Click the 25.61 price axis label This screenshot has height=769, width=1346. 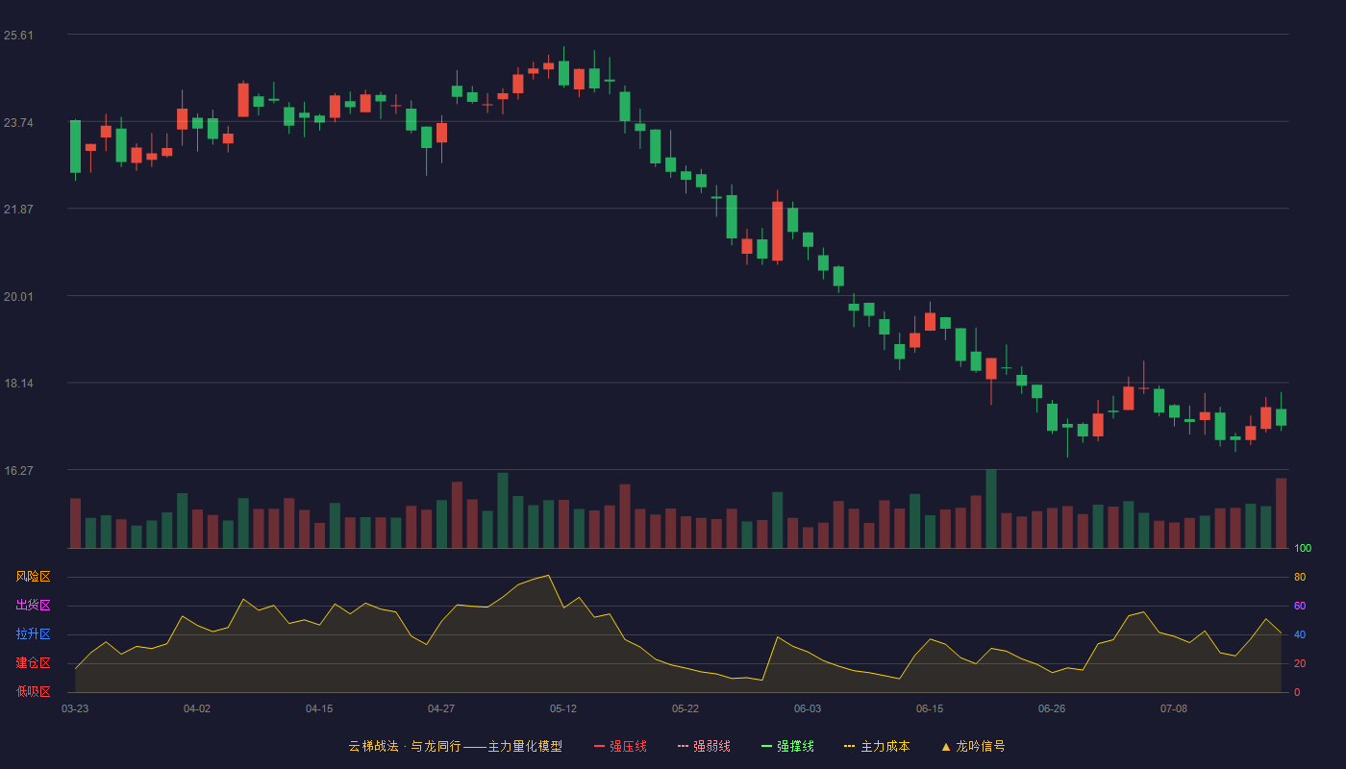pyautogui.click(x=18, y=36)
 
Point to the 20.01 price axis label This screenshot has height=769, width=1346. pyautogui.click(x=18, y=297)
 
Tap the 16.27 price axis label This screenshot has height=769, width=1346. pyautogui.click(x=18, y=470)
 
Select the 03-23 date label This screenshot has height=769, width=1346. pyautogui.click(x=75, y=709)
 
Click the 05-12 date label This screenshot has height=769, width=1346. pyautogui.click(x=563, y=709)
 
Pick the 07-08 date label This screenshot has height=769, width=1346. pyautogui.click(x=1174, y=709)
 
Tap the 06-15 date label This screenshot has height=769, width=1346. pyautogui.click(x=930, y=709)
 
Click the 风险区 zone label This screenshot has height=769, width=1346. pyautogui.click(x=33, y=577)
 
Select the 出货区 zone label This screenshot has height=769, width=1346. pyautogui.click(x=33, y=605)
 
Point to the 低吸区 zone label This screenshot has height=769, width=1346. pyautogui.click(x=33, y=691)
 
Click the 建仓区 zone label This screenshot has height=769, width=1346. pyautogui.click(x=33, y=662)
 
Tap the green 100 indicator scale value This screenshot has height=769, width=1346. pyautogui.click(x=1303, y=548)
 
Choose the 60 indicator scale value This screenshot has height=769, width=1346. pyautogui.click(x=1300, y=606)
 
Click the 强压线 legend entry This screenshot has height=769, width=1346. pyautogui.click(x=620, y=746)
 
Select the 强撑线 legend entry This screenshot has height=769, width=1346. pyautogui.click(x=787, y=746)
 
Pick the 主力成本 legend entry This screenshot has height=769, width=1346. pyautogui.click(x=877, y=746)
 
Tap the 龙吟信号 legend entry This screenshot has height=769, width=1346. pyautogui.click(x=973, y=746)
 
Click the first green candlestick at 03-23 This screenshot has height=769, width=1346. pyautogui.click(x=75, y=146)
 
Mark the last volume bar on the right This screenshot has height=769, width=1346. pyautogui.click(x=1281, y=513)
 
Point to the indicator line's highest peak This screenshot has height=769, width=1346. pyautogui.click(x=548, y=576)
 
